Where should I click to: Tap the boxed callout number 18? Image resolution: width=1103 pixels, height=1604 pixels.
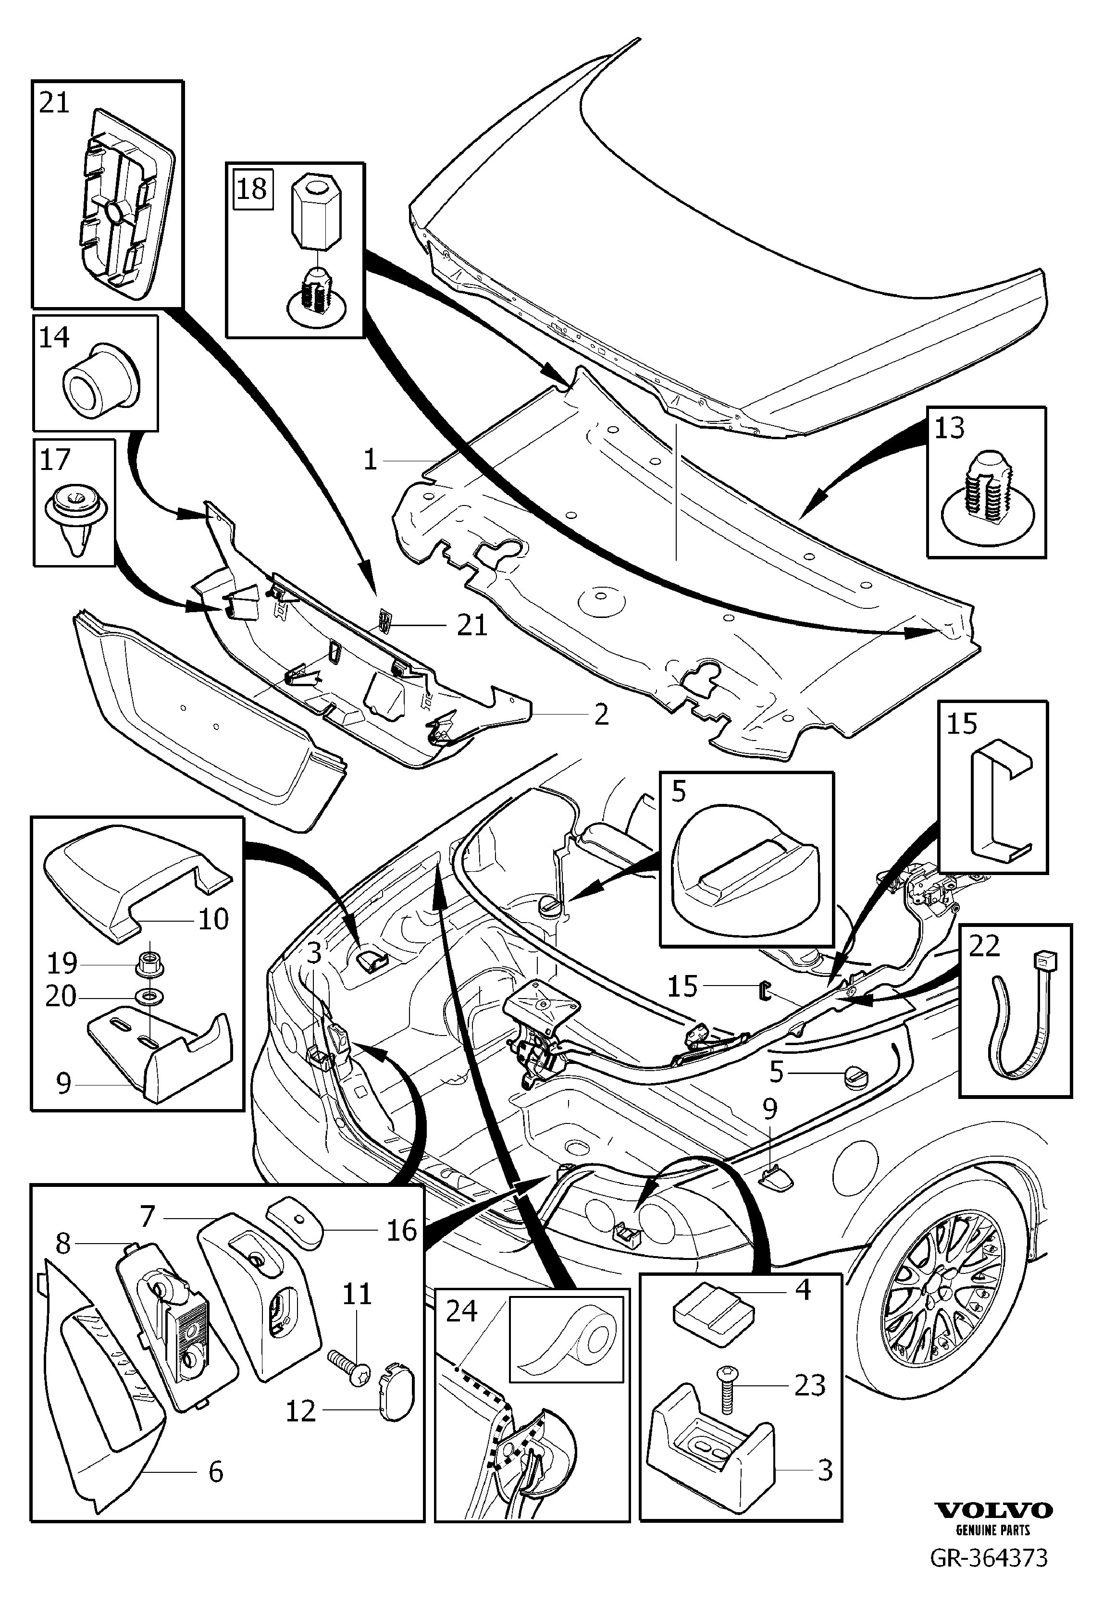click(x=251, y=188)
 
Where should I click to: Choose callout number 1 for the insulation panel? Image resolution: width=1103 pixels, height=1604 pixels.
click(x=371, y=459)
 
